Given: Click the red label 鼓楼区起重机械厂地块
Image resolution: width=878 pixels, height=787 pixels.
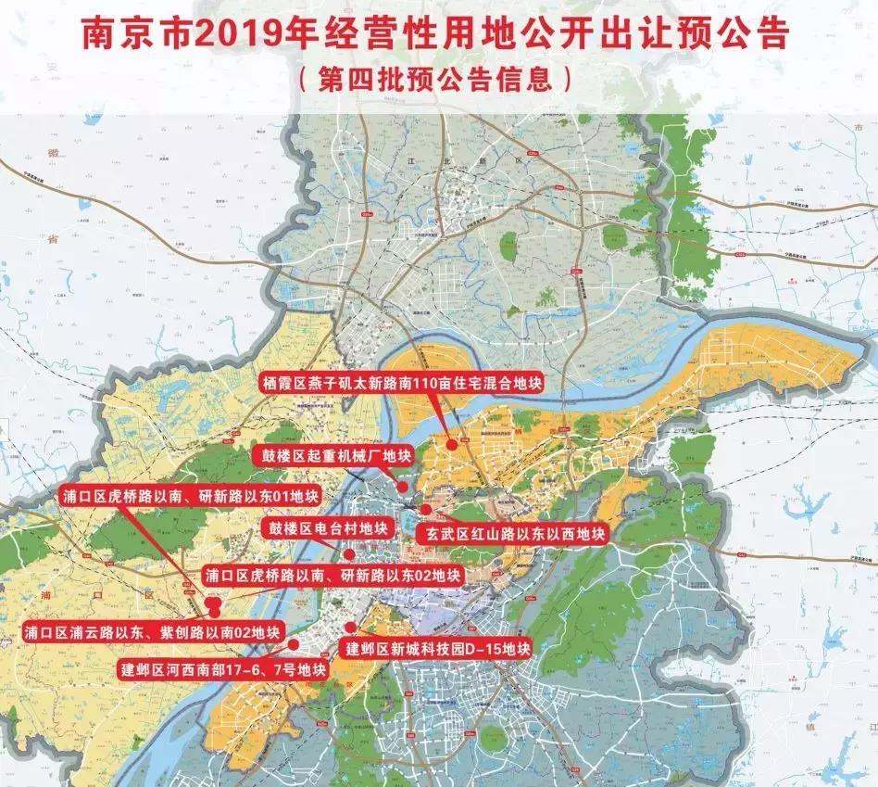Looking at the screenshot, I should tap(332, 454).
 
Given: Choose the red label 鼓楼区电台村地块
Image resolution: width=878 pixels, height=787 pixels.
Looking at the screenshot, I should tap(316, 527).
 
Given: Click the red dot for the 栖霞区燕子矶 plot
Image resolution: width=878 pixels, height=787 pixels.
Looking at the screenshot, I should tap(451, 444).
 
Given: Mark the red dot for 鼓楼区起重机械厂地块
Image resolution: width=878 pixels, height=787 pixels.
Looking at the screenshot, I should tap(403, 486).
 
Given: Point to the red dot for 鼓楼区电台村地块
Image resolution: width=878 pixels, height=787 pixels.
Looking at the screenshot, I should tap(349, 554).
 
